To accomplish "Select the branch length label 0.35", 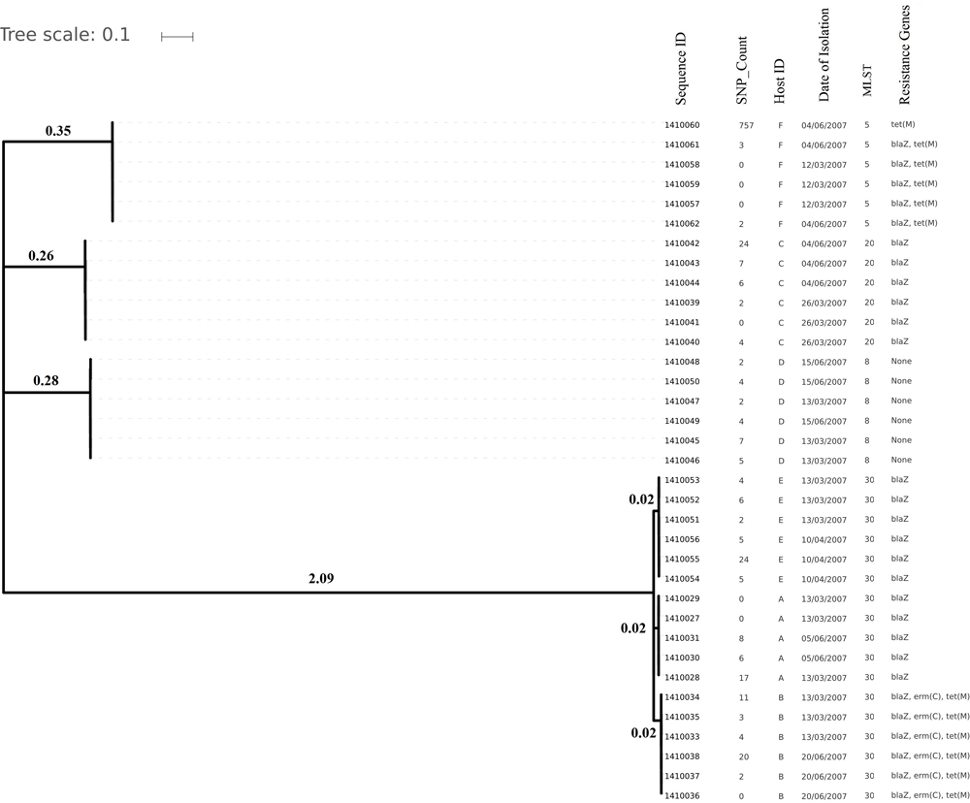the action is [x=59, y=130].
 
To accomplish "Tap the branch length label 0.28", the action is [x=47, y=380].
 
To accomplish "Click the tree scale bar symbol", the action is [x=178, y=37].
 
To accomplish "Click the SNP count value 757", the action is [x=745, y=126].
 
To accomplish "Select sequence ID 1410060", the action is [x=682, y=126].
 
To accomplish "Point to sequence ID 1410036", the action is [x=682, y=795].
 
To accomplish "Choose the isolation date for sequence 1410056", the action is [x=824, y=539].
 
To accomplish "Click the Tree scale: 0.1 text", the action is [x=65, y=36].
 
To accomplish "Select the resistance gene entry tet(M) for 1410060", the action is [x=904, y=126].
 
